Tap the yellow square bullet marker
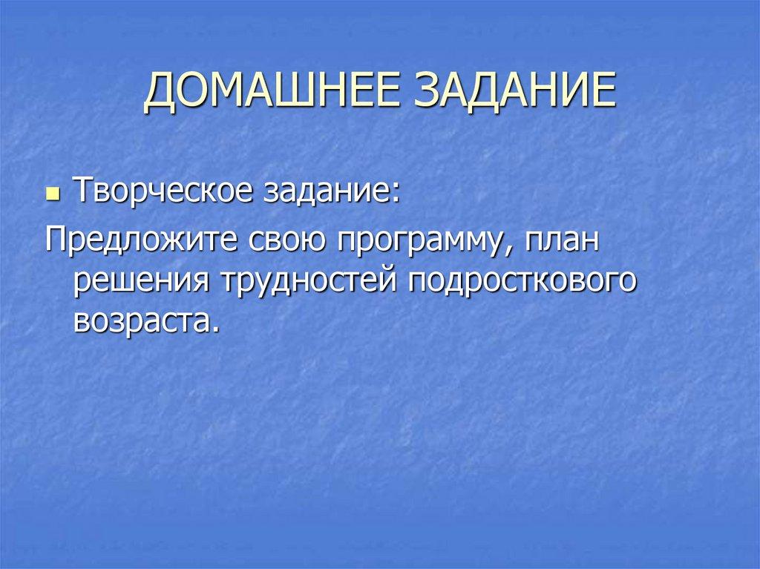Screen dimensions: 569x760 pyautogui.click(x=52, y=195)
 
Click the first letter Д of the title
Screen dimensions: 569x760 pyautogui.click(x=160, y=93)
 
